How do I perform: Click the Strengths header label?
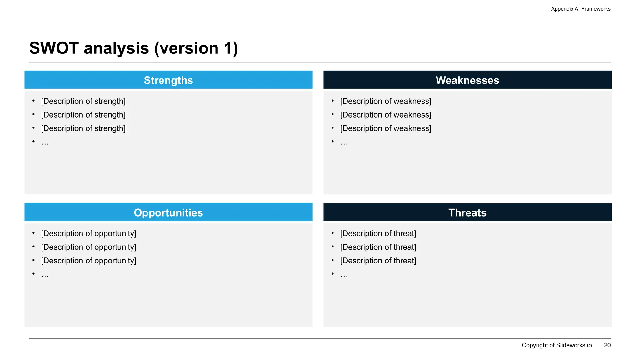(x=168, y=80)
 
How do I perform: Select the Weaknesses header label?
(x=467, y=80)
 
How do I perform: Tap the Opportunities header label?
(x=168, y=213)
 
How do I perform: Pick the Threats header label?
(x=467, y=213)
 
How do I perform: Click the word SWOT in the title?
(x=54, y=48)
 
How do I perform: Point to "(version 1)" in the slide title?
(x=196, y=48)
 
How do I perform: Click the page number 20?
(x=607, y=345)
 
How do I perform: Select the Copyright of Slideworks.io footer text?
(x=557, y=345)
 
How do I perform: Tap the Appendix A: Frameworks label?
(x=581, y=9)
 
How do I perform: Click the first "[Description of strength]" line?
(x=83, y=101)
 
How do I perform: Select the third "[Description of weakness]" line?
(x=386, y=128)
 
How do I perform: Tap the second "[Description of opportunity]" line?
(x=88, y=247)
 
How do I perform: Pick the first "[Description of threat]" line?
(x=378, y=234)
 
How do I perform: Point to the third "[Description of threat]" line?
(x=378, y=261)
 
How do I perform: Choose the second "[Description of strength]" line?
(x=83, y=115)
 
